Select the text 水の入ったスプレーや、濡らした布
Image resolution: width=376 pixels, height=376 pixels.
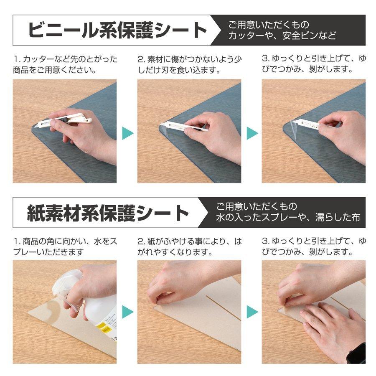click(x=288, y=218)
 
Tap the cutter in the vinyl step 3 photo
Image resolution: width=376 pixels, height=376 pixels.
click(x=307, y=124)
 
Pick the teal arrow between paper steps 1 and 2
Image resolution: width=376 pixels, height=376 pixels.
click(x=127, y=312)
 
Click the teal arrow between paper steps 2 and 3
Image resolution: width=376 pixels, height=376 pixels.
click(x=252, y=312)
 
